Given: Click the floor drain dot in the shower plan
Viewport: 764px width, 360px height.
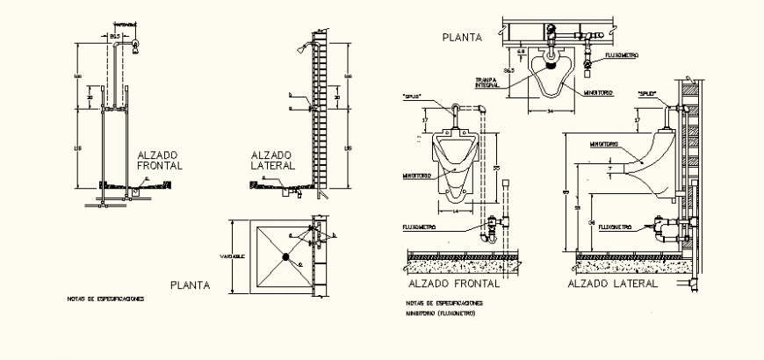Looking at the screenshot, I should click(285, 256).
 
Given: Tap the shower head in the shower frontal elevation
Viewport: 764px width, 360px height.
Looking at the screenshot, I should click(134, 46).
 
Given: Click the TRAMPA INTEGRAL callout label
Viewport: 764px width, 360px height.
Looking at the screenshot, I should click(488, 82).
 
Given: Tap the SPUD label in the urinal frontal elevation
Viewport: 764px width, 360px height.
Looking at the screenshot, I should click(413, 96).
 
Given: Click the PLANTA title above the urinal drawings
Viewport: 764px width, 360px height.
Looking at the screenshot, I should click(461, 36).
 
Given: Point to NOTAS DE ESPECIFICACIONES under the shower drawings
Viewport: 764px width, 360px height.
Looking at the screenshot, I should click(105, 299).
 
